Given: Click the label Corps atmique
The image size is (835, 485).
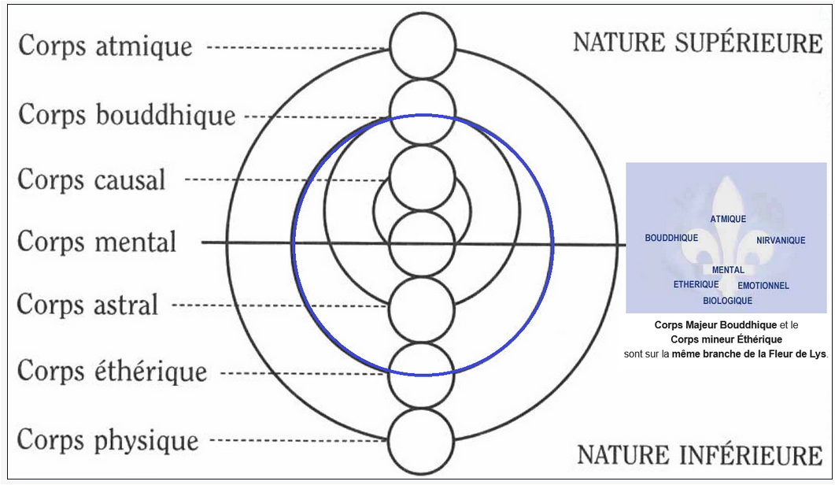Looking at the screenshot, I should click(x=105, y=46).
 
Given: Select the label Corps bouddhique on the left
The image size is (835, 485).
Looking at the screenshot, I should click(x=127, y=115).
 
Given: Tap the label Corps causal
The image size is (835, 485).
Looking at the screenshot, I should click(x=91, y=180).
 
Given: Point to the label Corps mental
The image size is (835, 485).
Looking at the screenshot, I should click(x=97, y=241).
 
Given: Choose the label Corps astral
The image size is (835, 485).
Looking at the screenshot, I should click(x=87, y=304).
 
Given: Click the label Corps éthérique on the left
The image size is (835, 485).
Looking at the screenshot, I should click(x=112, y=371).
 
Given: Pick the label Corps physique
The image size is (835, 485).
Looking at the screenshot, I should click(x=107, y=439).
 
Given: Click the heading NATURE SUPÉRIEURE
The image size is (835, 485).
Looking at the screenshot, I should click(x=697, y=43).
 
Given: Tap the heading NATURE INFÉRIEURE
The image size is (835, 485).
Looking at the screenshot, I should click(x=700, y=454).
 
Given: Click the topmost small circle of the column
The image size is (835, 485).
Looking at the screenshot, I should click(x=423, y=46).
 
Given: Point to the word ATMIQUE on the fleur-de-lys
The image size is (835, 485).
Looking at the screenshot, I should click(x=728, y=219).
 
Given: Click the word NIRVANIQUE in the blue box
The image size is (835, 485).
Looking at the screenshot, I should click(x=781, y=240).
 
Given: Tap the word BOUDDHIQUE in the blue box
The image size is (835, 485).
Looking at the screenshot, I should click(x=671, y=237).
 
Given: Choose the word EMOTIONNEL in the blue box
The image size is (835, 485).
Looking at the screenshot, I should click(x=763, y=286).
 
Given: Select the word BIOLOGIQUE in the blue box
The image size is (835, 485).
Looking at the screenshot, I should click(x=727, y=301).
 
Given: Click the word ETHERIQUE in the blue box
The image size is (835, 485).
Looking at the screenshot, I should click(x=696, y=284).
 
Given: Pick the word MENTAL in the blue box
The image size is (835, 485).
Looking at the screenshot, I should click(x=728, y=270).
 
